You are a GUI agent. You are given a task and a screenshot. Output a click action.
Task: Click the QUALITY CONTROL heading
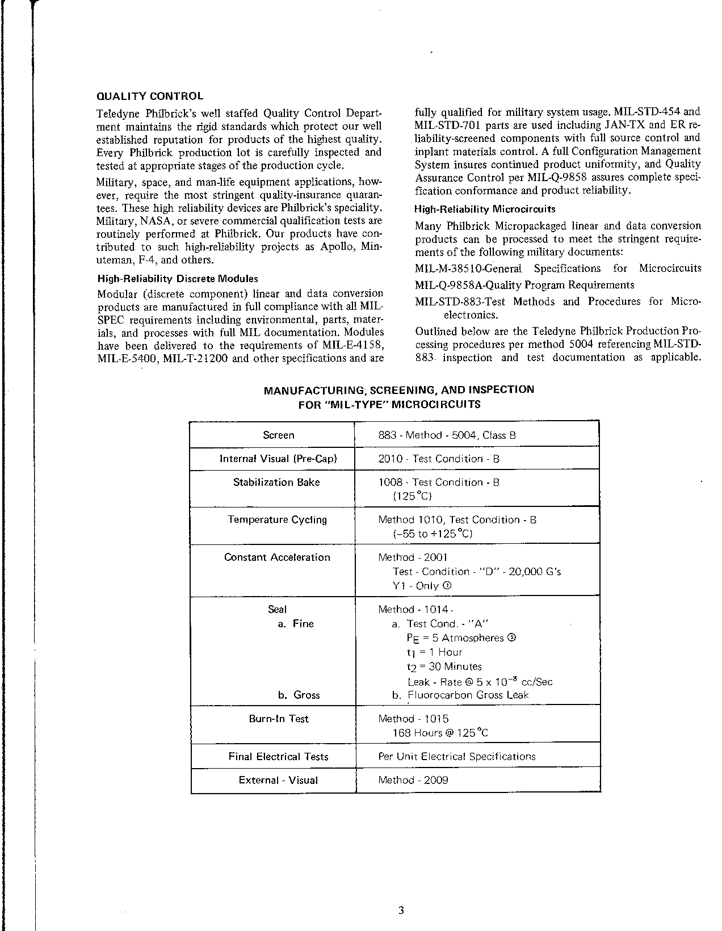(150, 97)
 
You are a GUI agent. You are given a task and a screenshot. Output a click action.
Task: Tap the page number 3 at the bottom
(401, 896)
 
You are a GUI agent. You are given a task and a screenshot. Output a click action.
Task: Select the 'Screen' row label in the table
(278, 435)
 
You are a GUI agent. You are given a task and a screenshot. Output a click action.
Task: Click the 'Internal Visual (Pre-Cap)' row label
(278, 459)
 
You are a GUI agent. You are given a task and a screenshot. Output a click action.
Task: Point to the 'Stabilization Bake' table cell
(276, 483)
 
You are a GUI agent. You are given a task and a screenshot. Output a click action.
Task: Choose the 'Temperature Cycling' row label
(277, 520)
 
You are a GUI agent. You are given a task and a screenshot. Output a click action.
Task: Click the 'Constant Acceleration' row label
(277, 557)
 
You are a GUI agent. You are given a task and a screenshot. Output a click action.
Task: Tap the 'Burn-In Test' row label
(278, 719)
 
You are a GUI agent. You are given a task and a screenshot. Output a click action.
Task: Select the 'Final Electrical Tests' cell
(278, 757)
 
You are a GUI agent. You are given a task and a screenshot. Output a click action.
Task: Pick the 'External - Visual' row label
(278, 781)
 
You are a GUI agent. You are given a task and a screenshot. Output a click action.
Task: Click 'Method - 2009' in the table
(413, 781)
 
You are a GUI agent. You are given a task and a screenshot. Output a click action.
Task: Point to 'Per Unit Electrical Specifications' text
(457, 757)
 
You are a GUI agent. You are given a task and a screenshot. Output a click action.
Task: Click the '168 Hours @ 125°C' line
(440, 733)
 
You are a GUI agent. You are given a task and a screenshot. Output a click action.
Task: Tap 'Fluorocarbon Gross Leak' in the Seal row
(468, 695)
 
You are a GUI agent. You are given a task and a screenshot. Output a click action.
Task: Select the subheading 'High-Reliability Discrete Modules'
(178, 279)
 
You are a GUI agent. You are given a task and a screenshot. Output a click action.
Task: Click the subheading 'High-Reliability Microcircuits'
(485, 209)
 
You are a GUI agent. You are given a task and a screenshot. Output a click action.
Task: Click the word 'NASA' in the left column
(154, 221)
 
